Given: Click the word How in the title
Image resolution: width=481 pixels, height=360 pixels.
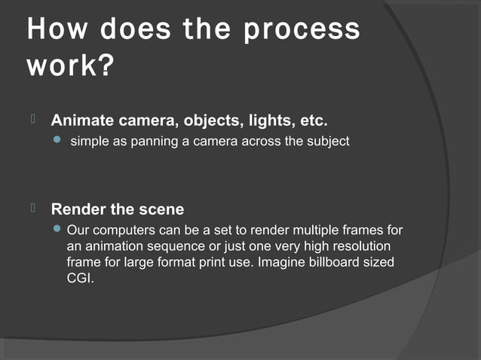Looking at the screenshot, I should pos(55,31).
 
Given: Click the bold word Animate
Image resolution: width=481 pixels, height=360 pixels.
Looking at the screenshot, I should pos(83,121).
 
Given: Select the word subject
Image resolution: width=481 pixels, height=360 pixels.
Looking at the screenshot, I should pos(325,142).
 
